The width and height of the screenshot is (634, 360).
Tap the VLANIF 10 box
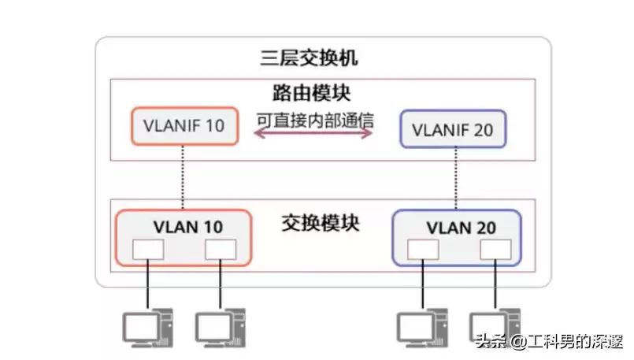[x=184, y=126]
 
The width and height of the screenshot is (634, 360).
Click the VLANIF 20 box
[x=453, y=128]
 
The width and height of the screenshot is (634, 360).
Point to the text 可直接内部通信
[x=313, y=121]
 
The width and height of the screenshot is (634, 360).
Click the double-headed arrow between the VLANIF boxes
[x=313, y=135]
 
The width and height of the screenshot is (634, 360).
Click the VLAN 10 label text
[x=187, y=227]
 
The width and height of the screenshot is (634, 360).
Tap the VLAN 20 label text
[x=461, y=228]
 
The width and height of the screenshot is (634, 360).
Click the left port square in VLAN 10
[x=147, y=249]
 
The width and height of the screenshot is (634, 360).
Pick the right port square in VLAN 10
[x=221, y=249]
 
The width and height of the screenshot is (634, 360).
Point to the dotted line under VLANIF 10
[x=184, y=177]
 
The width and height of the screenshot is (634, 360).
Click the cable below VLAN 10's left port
[x=147, y=284]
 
